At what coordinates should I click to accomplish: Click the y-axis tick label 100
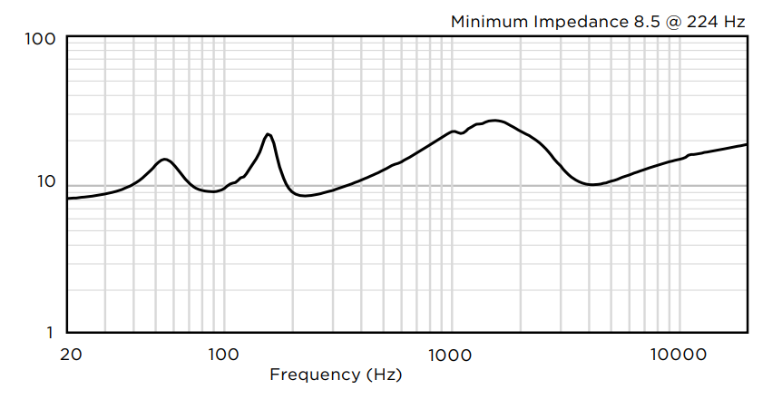42,39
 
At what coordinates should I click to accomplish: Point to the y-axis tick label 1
51,332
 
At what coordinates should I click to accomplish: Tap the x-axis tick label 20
70,354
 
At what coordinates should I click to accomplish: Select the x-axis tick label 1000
448,354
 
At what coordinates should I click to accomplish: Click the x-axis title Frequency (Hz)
336,374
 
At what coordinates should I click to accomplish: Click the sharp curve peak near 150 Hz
269,134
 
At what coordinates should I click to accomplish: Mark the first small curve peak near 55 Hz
164,160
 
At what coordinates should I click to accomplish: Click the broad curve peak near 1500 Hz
494,120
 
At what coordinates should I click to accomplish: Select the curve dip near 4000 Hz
591,185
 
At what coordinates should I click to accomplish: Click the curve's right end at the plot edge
747,144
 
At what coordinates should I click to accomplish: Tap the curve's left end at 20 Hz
69,198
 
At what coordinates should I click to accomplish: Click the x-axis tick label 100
223,354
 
